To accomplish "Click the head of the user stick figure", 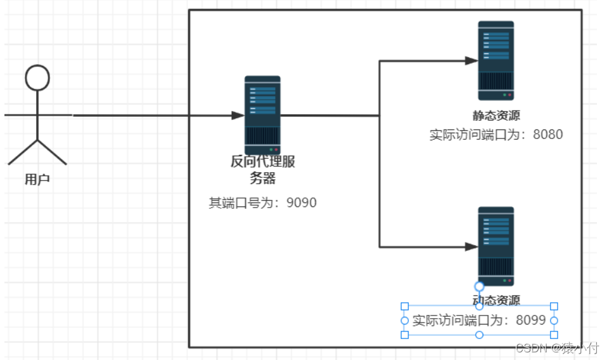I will tap(37, 77).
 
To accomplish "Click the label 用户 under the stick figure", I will tap(37, 180).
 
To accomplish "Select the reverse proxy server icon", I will tap(262, 114).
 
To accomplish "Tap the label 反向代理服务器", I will tap(262, 170).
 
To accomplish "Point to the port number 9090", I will tap(302, 203).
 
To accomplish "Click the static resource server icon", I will tap(496, 60).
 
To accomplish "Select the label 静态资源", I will tap(496, 116).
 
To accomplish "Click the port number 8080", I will tap(547, 135).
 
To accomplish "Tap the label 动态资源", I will tap(496, 300).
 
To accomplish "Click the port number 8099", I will tap(531, 321).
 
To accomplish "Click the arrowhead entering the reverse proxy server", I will tap(238, 116).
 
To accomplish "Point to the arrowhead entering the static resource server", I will tap(471, 61).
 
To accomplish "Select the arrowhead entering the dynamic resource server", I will tap(471, 246).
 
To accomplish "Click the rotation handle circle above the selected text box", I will tap(479, 286).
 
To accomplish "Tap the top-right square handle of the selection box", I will tap(554, 306).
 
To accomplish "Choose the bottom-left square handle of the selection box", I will tap(405, 335).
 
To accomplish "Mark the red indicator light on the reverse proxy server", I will tap(276, 149).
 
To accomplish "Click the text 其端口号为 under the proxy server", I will tap(243, 203).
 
